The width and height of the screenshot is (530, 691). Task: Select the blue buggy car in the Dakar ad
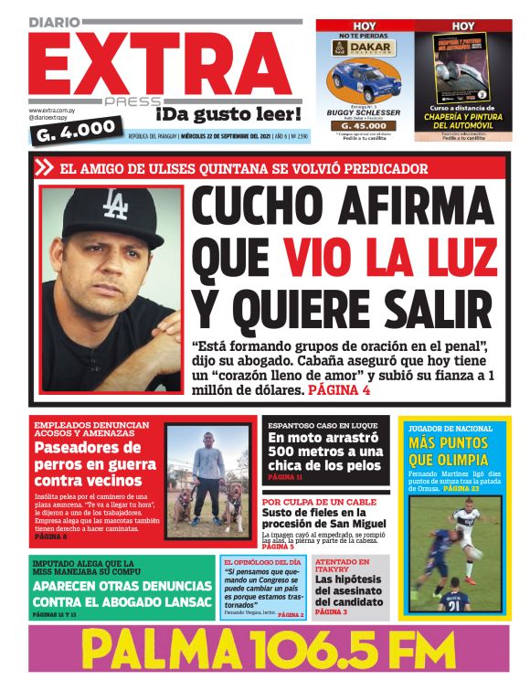(366, 80)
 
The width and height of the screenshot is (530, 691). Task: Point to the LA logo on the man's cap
(114, 206)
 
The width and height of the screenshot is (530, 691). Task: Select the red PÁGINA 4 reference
(340, 390)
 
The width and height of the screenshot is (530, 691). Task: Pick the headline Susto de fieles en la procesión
(323, 517)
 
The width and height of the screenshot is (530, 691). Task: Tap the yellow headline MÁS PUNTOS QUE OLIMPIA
(454, 451)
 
